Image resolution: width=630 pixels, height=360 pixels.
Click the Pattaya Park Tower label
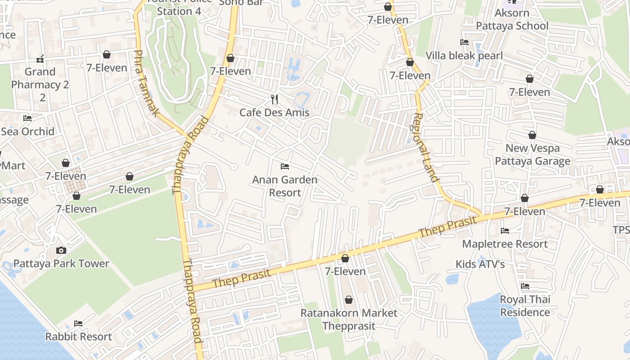click(x=61, y=264)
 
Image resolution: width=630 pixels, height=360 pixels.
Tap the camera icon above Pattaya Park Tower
click(x=61, y=250)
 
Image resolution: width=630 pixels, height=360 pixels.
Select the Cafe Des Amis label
click(x=274, y=112)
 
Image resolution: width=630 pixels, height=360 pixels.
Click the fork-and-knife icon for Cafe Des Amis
click(x=274, y=99)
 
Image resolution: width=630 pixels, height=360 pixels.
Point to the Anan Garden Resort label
click(x=284, y=186)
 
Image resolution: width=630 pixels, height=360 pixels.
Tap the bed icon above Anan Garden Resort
click(x=284, y=166)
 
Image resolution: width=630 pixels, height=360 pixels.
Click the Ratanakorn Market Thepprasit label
click(x=349, y=319)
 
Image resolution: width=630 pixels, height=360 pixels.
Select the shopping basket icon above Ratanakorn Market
click(x=349, y=300)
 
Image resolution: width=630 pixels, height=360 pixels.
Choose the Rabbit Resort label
click(x=79, y=337)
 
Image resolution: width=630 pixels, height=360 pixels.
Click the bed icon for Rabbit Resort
click(x=78, y=323)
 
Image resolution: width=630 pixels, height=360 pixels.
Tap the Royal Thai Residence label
click(x=525, y=306)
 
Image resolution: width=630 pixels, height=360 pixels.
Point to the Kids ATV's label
click(x=480, y=264)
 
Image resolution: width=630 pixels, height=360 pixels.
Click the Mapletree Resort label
click(x=505, y=244)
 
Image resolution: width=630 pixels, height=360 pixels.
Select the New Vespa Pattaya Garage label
click(x=533, y=155)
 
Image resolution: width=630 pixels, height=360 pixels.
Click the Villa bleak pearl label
click(x=464, y=56)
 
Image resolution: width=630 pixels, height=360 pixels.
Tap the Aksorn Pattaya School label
click(x=512, y=19)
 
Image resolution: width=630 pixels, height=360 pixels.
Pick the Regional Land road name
click(x=425, y=147)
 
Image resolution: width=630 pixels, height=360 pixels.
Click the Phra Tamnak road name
click(x=146, y=83)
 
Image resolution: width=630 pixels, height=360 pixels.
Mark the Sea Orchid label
click(x=27, y=131)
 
